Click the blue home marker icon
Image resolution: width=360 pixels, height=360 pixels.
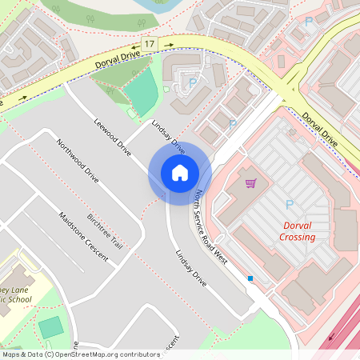pyautogui.click(x=180, y=173)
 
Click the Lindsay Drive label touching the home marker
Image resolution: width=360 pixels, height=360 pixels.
pyautogui.click(x=168, y=137)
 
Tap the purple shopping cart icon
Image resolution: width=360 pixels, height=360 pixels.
pyautogui.click(x=250, y=183)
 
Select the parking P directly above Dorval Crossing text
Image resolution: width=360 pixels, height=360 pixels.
pyautogui.click(x=289, y=205)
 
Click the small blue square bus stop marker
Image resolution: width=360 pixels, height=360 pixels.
pyautogui.click(x=250, y=278)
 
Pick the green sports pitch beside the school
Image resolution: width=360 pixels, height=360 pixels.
pyautogui.click(x=50, y=327)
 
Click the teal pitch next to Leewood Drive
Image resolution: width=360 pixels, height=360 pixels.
pyautogui.click(x=143, y=93)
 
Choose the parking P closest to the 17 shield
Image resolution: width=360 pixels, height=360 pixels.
pyautogui.click(x=192, y=82)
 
